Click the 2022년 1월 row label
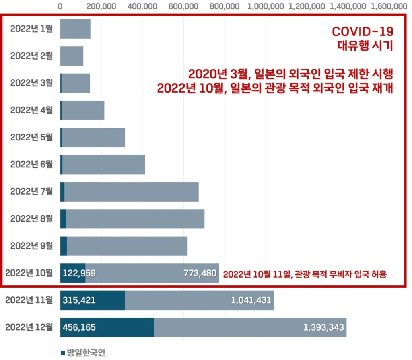(31, 29)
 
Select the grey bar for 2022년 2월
(72, 56)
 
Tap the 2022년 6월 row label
(31, 164)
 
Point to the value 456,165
(79, 327)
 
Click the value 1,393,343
(323, 327)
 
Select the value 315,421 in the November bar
(79, 300)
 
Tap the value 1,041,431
(251, 300)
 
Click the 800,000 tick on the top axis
(225, 6)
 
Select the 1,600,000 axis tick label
(389, 6)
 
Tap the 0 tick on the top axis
(60, 6)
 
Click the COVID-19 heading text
(362, 31)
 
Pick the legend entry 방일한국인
(83, 353)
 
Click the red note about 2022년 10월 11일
(305, 274)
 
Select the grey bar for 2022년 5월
(93, 137)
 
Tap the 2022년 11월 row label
(29, 300)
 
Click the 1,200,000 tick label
(307, 6)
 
